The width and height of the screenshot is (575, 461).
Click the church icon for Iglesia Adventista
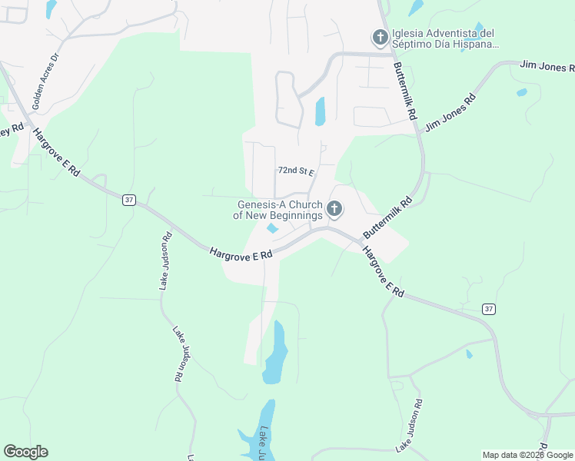[380, 37]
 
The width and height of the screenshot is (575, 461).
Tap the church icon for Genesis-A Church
[334, 208]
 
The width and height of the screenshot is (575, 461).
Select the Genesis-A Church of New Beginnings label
[279, 210]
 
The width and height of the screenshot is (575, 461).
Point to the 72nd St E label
[296, 171]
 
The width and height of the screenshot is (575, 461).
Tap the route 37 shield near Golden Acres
[128, 200]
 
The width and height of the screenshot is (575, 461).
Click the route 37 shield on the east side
[489, 308]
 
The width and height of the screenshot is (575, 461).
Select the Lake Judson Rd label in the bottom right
[408, 425]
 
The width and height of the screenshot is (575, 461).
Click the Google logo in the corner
[25, 452]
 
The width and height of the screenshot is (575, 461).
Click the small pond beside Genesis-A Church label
[272, 228]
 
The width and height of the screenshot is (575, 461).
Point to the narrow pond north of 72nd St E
[320, 111]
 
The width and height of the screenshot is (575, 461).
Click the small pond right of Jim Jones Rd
[522, 92]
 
